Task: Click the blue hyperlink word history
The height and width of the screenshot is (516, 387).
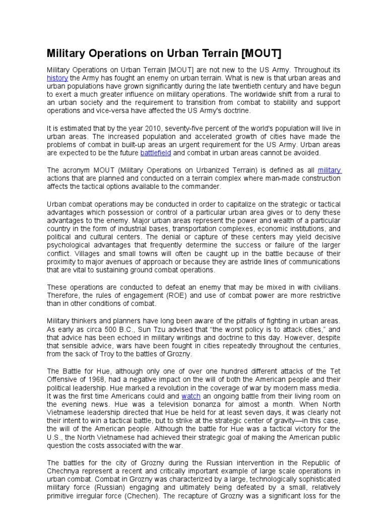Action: tap(57, 78)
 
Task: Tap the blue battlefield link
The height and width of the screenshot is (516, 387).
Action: tap(156, 153)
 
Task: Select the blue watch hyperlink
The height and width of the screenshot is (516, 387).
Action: tap(191, 397)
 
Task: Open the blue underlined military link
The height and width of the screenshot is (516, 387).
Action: tap(330, 170)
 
